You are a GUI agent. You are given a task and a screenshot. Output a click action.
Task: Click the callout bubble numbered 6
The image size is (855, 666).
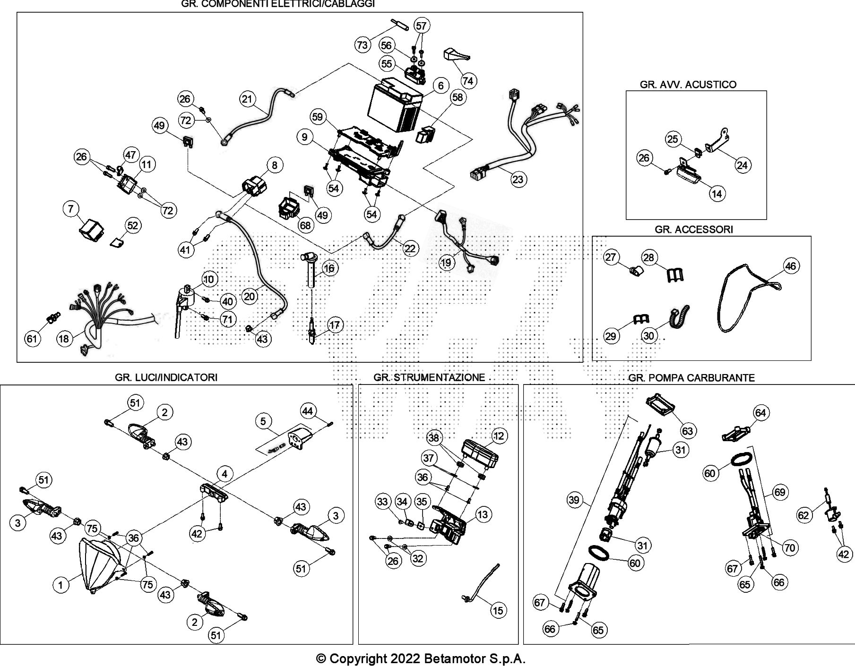440,85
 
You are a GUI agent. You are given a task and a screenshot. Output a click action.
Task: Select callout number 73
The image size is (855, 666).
362,45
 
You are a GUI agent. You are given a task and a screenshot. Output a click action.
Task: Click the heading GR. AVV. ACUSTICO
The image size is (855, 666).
688,85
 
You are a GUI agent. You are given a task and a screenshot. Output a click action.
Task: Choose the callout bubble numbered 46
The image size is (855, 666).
790,266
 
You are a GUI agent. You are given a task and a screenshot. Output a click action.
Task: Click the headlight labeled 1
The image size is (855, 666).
102,564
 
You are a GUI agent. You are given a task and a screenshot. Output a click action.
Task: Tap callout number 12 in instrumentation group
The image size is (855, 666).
499,436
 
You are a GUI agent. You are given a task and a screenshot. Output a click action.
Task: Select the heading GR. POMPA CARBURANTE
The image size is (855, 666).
691,378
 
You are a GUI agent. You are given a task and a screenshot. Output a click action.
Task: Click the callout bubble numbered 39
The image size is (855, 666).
574,500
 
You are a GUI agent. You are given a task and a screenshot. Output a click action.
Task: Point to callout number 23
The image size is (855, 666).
518,179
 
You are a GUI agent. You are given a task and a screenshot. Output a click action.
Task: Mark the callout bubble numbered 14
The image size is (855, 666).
717,194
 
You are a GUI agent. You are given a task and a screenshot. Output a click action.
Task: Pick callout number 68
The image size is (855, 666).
305,225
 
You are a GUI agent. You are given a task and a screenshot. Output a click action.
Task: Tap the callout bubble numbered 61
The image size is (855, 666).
32,339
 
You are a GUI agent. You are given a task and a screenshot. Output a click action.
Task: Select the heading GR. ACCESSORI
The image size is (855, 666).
693,230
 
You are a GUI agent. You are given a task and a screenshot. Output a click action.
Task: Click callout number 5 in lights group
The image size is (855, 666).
263,420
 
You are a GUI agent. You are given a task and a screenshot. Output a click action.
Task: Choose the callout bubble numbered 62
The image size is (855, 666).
803,515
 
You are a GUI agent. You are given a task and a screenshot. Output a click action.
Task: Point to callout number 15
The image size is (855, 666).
498,611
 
